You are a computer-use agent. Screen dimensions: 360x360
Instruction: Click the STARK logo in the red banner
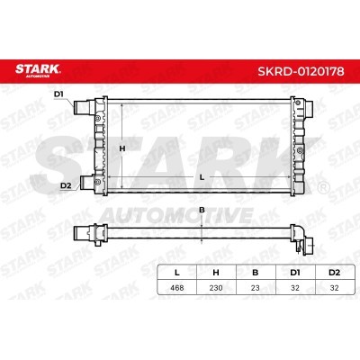pyautogui.click(x=38, y=70)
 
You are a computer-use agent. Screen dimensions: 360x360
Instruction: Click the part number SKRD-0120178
pyautogui.click(x=301, y=71)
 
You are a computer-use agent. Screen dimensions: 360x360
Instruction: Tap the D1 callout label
pyautogui.click(x=58, y=94)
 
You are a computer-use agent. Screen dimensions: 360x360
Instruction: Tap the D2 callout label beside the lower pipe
pyautogui.click(x=65, y=185)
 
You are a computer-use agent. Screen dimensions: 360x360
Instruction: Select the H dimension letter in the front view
pyautogui.click(x=122, y=148)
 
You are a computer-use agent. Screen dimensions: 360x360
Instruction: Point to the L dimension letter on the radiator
pyautogui.click(x=202, y=177)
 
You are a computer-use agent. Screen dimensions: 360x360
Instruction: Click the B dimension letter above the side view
pyautogui.click(x=202, y=210)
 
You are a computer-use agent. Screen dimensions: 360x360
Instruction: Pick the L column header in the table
pyautogui.click(x=177, y=273)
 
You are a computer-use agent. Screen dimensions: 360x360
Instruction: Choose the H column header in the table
pyautogui.click(x=216, y=273)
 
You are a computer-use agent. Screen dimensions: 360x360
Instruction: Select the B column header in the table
pyautogui.click(x=256, y=273)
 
